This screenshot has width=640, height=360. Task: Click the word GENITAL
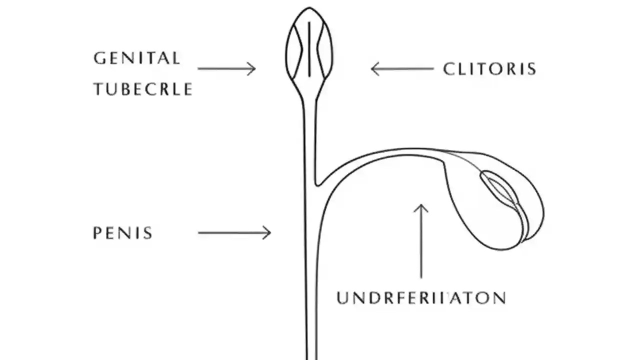[136, 58]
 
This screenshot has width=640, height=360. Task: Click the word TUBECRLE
[142, 89]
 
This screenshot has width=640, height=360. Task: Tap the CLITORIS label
[489, 69]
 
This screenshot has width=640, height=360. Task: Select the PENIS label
[122, 233]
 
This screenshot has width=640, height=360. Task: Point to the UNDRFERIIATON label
[421, 298]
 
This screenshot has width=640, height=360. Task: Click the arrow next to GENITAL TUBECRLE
[226, 68]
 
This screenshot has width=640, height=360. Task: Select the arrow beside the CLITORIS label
[402, 68]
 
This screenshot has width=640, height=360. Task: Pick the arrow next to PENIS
[234, 232]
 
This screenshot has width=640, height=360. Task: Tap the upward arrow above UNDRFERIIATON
[421, 240]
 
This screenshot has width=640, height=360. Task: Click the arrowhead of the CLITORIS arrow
[373, 68]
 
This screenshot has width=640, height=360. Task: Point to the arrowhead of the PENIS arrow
[268, 232]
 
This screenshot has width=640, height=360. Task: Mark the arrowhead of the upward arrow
[421, 206]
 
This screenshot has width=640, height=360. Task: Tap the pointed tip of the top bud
[309, 8]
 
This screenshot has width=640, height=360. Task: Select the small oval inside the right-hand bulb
[497, 187]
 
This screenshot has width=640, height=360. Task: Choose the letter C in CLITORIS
[448, 69]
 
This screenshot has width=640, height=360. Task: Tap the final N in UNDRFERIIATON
[498, 298]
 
